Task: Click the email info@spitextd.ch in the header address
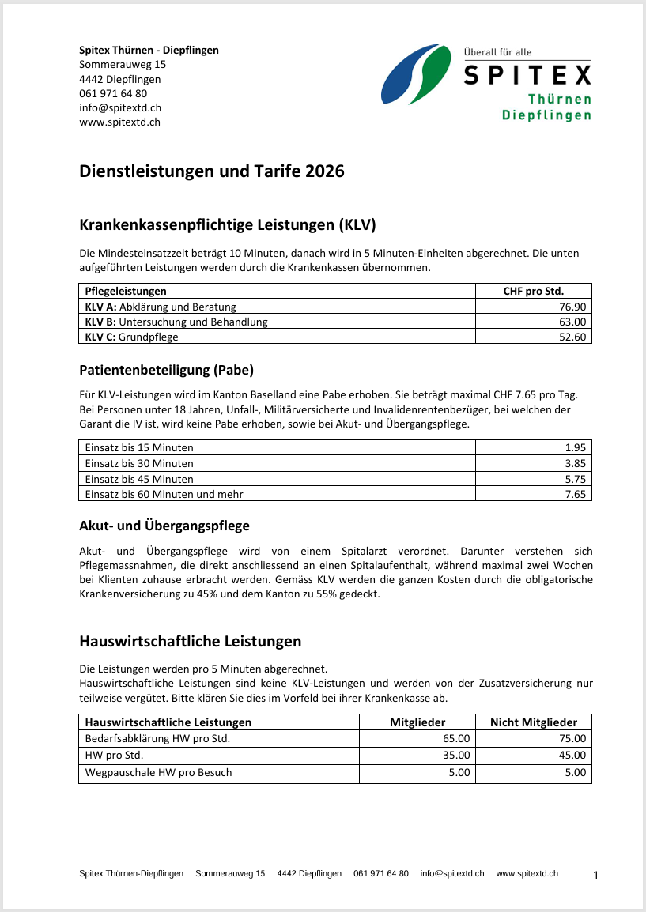[120, 107]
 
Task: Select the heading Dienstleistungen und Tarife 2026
[212, 171]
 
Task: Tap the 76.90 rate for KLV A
[572, 307]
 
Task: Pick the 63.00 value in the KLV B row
[572, 322]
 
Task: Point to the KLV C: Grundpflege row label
[131, 337]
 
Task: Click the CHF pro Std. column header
[534, 291]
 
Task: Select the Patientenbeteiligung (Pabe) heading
[166, 370]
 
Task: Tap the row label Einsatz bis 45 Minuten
[139, 479]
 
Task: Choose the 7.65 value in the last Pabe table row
[576, 494]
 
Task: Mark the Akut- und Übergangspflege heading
[164, 526]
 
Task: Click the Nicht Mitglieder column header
[534, 722]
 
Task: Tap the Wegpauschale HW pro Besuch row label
[158, 772]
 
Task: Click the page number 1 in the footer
[595, 875]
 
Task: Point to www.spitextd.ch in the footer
[527, 873]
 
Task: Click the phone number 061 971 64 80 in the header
[113, 93]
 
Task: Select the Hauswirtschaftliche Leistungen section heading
[191, 641]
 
